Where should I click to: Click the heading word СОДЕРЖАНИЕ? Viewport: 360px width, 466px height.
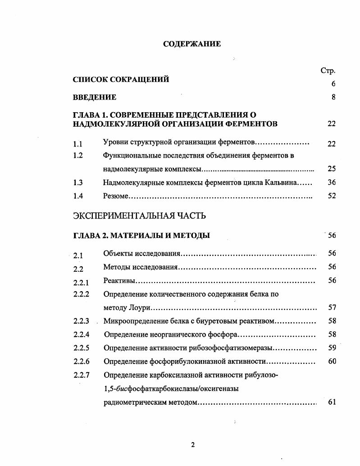tap(191, 44)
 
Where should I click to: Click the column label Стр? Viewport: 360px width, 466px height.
tap(328, 70)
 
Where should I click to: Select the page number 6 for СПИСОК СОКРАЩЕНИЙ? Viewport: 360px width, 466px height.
tap(333, 84)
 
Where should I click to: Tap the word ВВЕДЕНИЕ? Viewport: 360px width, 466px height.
tap(95, 97)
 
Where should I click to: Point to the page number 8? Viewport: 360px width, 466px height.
tap(333, 97)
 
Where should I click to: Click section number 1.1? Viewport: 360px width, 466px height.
tap(77, 144)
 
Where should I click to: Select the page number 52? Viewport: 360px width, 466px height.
tap(332, 196)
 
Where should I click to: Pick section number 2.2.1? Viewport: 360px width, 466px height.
tap(81, 283)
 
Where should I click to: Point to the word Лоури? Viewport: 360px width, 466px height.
tap(138, 308)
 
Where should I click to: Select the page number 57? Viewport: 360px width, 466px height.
tap(332, 308)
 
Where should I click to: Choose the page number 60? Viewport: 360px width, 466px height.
tap(332, 361)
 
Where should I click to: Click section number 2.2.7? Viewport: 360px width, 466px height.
tap(81, 375)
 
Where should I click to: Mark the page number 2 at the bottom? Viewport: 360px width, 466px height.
tap(193, 445)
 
